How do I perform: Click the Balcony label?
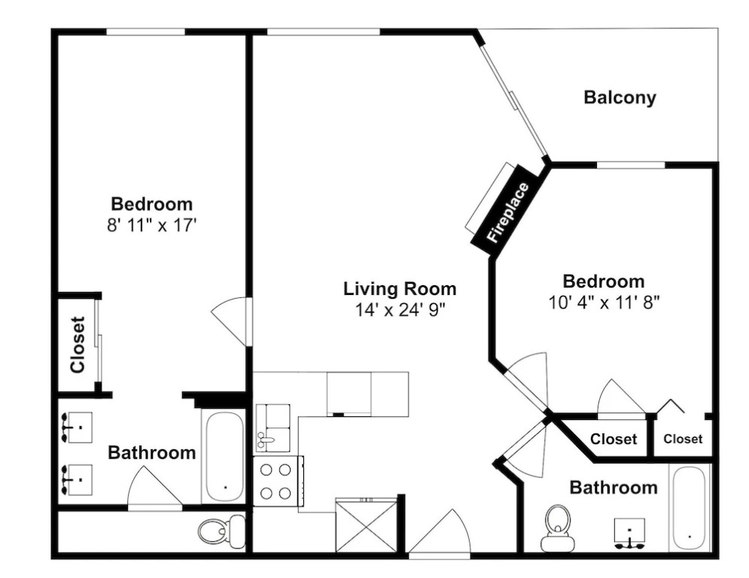[x=620, y=97]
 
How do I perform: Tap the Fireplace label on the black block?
[x=508, y=212]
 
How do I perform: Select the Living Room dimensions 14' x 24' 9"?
[x=400, y=311]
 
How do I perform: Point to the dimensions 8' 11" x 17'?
[x=152, y=225]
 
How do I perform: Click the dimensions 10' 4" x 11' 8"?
[x=604, y=303]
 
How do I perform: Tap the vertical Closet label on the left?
[x=77, y=345]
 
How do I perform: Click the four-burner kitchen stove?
[x=279, y=481]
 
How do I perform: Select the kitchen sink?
[x=273, y=428]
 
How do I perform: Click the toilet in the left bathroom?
[x=221, y=531]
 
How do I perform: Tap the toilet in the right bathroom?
[x=558, y=528]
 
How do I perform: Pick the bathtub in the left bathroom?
[x=224, y=457]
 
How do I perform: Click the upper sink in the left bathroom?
[x=75, y=428]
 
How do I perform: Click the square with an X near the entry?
[x=367, y=525]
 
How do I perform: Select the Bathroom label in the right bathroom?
[x=614, y=488]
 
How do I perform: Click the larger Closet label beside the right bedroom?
[x=614, y=439]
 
